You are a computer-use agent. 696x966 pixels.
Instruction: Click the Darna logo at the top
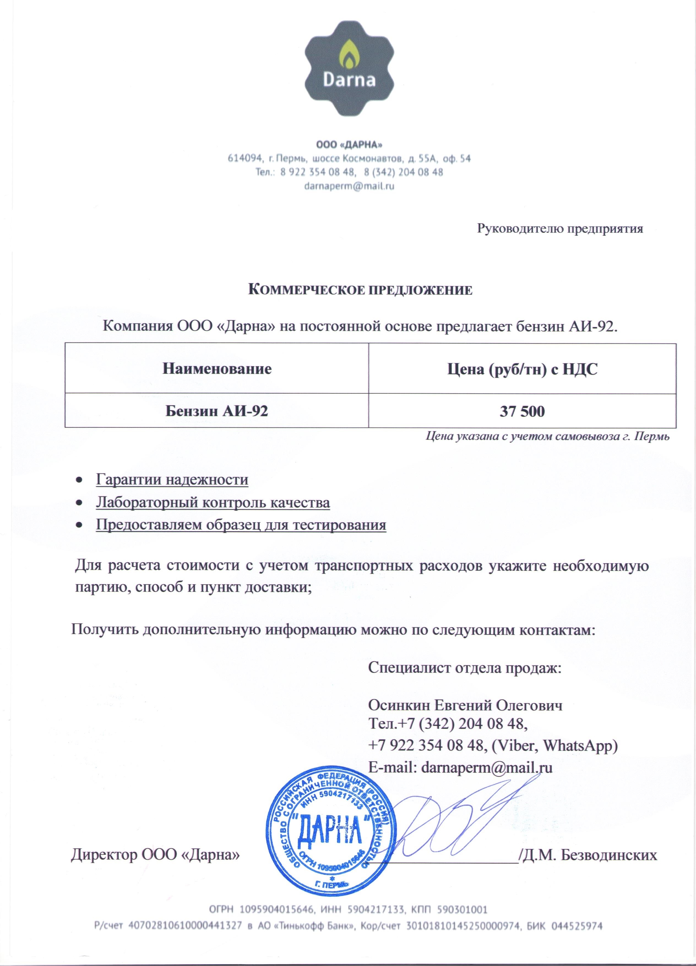pos(349,68)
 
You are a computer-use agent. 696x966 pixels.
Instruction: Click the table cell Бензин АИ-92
pos(217,411)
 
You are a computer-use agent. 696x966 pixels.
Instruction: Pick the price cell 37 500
pos(522,411)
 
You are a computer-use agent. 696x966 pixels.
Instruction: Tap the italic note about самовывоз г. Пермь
pos(548,436)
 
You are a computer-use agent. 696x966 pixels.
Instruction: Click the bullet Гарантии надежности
pos(172,479)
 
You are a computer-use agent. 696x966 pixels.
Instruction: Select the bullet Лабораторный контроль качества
pos(213,502)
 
